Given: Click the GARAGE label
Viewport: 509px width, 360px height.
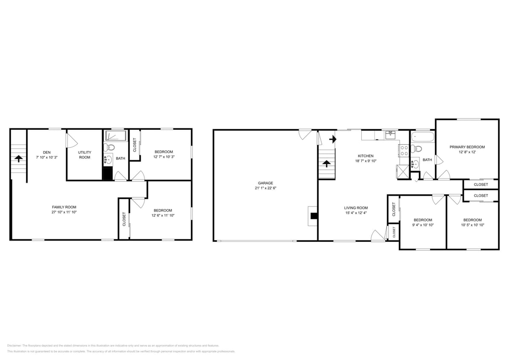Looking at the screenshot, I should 265,183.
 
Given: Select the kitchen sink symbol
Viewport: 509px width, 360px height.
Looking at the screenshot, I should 390,135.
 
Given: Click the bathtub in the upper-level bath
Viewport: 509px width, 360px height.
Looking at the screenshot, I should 422,137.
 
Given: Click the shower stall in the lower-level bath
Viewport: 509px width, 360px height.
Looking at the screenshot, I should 116,136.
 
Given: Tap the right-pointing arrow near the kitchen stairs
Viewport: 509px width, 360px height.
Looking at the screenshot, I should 333,139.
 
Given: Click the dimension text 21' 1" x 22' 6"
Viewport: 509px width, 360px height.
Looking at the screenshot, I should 265,188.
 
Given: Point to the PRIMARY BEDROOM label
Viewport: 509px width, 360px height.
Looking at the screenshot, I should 467,147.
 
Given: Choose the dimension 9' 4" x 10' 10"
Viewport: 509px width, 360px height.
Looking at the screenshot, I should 423,225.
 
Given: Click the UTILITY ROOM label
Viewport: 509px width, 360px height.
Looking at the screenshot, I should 84,154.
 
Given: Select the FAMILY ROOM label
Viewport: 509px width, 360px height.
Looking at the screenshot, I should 64,207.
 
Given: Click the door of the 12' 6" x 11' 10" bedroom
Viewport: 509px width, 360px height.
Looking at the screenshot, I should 138,202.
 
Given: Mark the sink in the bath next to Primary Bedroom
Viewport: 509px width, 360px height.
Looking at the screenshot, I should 415,163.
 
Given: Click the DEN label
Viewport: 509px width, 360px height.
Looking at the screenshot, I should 47,152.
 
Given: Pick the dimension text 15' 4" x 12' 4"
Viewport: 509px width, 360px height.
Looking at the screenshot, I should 356,213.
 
